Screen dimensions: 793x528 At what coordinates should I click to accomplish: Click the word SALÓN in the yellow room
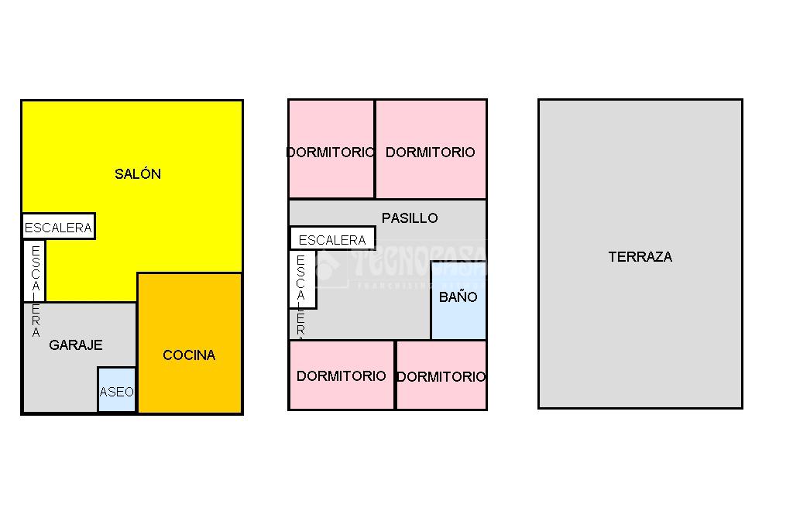click(138, 174)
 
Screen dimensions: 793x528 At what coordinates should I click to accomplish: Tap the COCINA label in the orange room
click(189, 355)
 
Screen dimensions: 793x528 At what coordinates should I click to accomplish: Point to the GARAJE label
click(76, 345)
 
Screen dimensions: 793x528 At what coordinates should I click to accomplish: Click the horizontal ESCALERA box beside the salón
click(58, 227)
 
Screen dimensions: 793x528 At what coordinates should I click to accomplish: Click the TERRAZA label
click(640, 257)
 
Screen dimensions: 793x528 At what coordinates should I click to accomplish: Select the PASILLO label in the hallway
click(410, 218)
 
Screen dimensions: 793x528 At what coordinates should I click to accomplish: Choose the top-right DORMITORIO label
click(430, 153)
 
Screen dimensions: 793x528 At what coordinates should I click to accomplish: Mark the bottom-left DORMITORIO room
click(342, 375)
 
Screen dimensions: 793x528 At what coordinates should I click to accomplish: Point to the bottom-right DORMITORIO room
click(441, 376)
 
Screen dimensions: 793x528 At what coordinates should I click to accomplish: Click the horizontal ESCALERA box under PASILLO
click(332, 238)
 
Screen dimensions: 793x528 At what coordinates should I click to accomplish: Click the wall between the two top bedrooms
click(375, 149)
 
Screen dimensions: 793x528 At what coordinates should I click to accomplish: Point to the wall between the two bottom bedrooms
click(395, 375)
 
